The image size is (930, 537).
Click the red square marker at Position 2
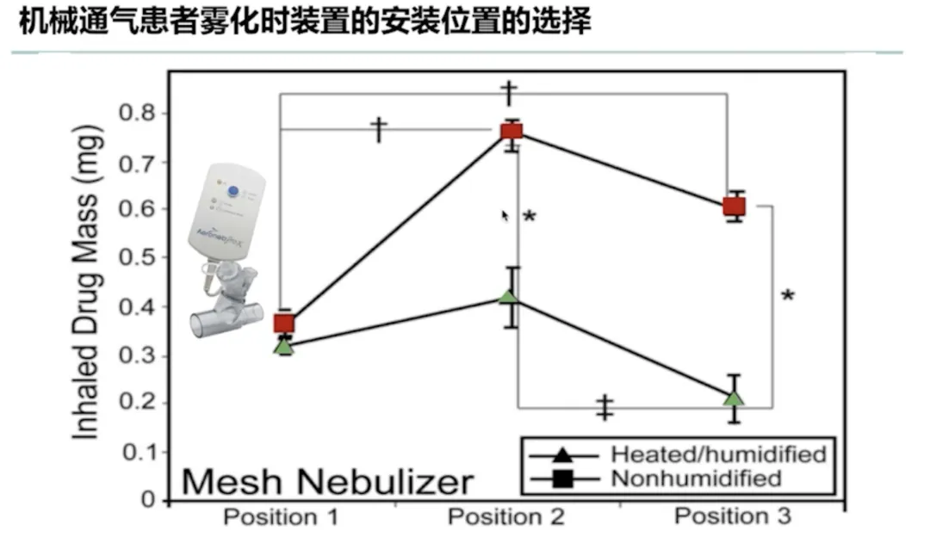pyautogui.click(x=512, y=131)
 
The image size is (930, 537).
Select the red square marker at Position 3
pyautogui.click(x=734, y=207)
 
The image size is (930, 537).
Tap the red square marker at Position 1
pyautogui.click(x=284, y=324)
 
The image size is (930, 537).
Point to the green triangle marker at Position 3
pyautogui.click(x=734, y=398)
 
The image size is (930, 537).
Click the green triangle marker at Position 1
pyautogui.click(x=284, y=347)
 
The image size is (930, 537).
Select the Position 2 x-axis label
pyautogui.click(x=506, y=517)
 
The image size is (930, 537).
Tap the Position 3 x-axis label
pyautogui.click(x=732, y=516)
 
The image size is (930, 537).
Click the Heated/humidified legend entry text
pyautogui.click(x=718, y=454)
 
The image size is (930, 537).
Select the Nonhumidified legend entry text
pyautogui.click(x=696, y=478)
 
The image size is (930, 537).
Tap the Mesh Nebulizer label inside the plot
pyautogui.click(x=328, y=481)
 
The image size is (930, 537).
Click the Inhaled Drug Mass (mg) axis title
pyautogui.click(x=87, y=283)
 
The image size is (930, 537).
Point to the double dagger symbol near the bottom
pyautogui.click(x=606, y=408)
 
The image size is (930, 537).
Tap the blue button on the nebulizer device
pyautogui.click(x=233, y=191)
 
